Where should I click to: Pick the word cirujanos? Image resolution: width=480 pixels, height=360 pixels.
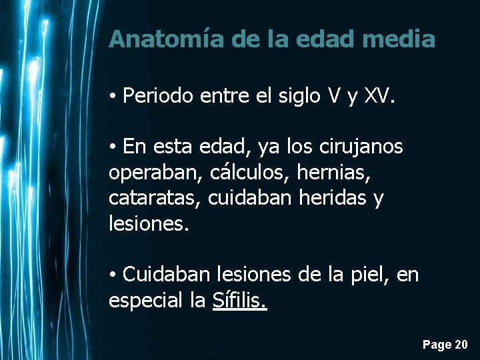pos(363,146)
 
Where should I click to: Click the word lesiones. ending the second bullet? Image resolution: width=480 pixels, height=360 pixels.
pos(149,223)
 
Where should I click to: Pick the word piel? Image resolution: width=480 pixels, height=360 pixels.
pos(367,274)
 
